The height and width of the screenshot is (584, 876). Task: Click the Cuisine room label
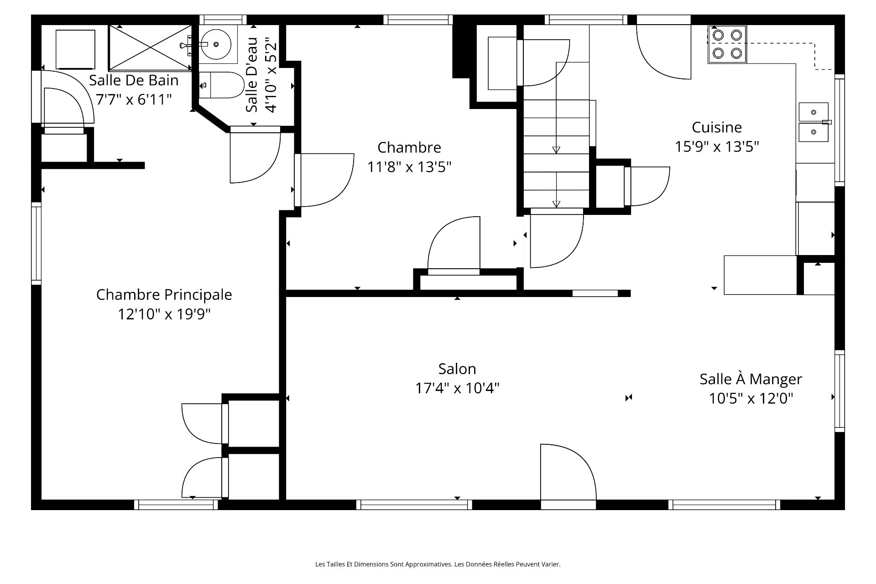click(717, 127)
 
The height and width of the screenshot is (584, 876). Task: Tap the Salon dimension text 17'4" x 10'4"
click(457, 388)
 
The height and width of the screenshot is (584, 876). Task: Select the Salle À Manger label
click(751, 379)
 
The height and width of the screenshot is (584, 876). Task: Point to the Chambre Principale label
click(164, 295)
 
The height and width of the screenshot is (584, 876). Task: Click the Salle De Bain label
click(134, 80)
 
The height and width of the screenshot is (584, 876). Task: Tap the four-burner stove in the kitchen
click(727, 44)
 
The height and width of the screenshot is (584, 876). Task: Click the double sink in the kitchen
click(813, 122)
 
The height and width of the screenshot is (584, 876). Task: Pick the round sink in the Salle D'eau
click(216, 44)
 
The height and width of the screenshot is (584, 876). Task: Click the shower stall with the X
click(150, 47)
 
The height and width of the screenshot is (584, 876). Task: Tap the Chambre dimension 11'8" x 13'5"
click(409, 167)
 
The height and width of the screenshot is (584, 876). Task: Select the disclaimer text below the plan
click(438, 564)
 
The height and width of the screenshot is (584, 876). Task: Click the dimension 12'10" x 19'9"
click(164, 314)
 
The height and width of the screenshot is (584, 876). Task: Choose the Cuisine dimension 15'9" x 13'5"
click(717, 146)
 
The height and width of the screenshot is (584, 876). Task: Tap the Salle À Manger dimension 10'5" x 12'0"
click(751, 398)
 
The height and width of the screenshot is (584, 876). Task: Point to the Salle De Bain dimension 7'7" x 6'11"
click(134, 99)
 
